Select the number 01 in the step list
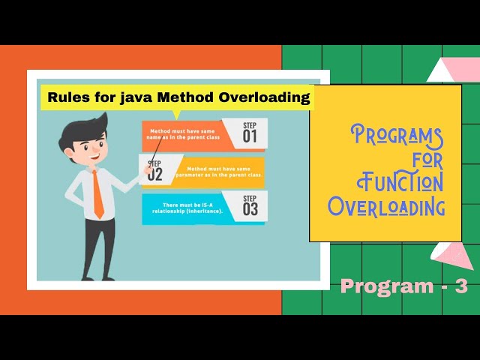click(249, 136)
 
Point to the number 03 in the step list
click(250, 209)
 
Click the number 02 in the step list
click(155, 174)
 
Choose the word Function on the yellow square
click(400, 181)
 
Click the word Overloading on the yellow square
click(386, 205)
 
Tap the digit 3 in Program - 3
click(460, 286)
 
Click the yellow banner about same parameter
click(221, 172)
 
